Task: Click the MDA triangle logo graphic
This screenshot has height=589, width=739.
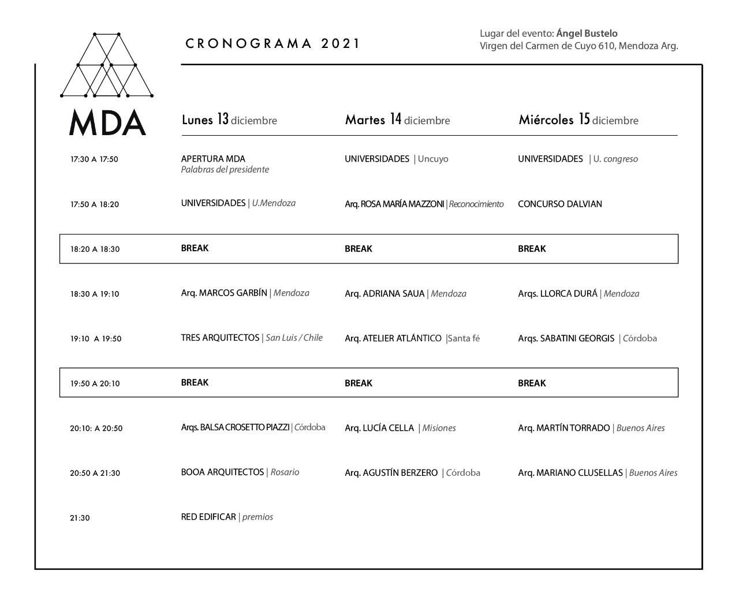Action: point(107,65)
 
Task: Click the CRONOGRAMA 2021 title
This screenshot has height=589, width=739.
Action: point(273,44)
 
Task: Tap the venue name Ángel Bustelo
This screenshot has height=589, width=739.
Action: point(587,33)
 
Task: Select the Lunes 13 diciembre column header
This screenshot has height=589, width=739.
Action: point(229,120)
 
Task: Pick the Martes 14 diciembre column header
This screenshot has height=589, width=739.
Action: point(397,120)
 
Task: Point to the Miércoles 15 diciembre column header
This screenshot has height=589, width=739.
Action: point(578,120)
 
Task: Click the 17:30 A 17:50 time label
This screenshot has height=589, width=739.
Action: point(94,159)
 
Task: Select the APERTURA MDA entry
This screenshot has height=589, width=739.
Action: point(213,159)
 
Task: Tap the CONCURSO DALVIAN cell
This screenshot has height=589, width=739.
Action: point(559,204)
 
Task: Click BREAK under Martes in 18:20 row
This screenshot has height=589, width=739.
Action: point(359,249)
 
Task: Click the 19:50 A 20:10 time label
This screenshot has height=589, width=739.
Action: point(95,383)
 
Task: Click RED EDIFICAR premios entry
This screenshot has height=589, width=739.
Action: point(226,517)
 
